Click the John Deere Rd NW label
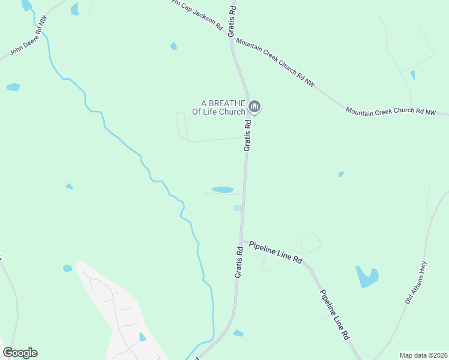coord(25,37)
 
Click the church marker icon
coord(255,107)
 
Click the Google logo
coord(20,353)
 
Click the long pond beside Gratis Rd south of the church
coord(223,190)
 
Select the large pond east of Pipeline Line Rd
coord(366,277)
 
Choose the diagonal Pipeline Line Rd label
coord(334,315)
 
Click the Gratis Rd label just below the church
coord(247,135)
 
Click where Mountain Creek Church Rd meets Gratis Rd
coord(231,35)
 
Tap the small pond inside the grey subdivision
coord(142,337)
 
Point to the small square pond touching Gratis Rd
coord(238,208)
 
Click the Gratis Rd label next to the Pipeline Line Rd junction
coord(238,262)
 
